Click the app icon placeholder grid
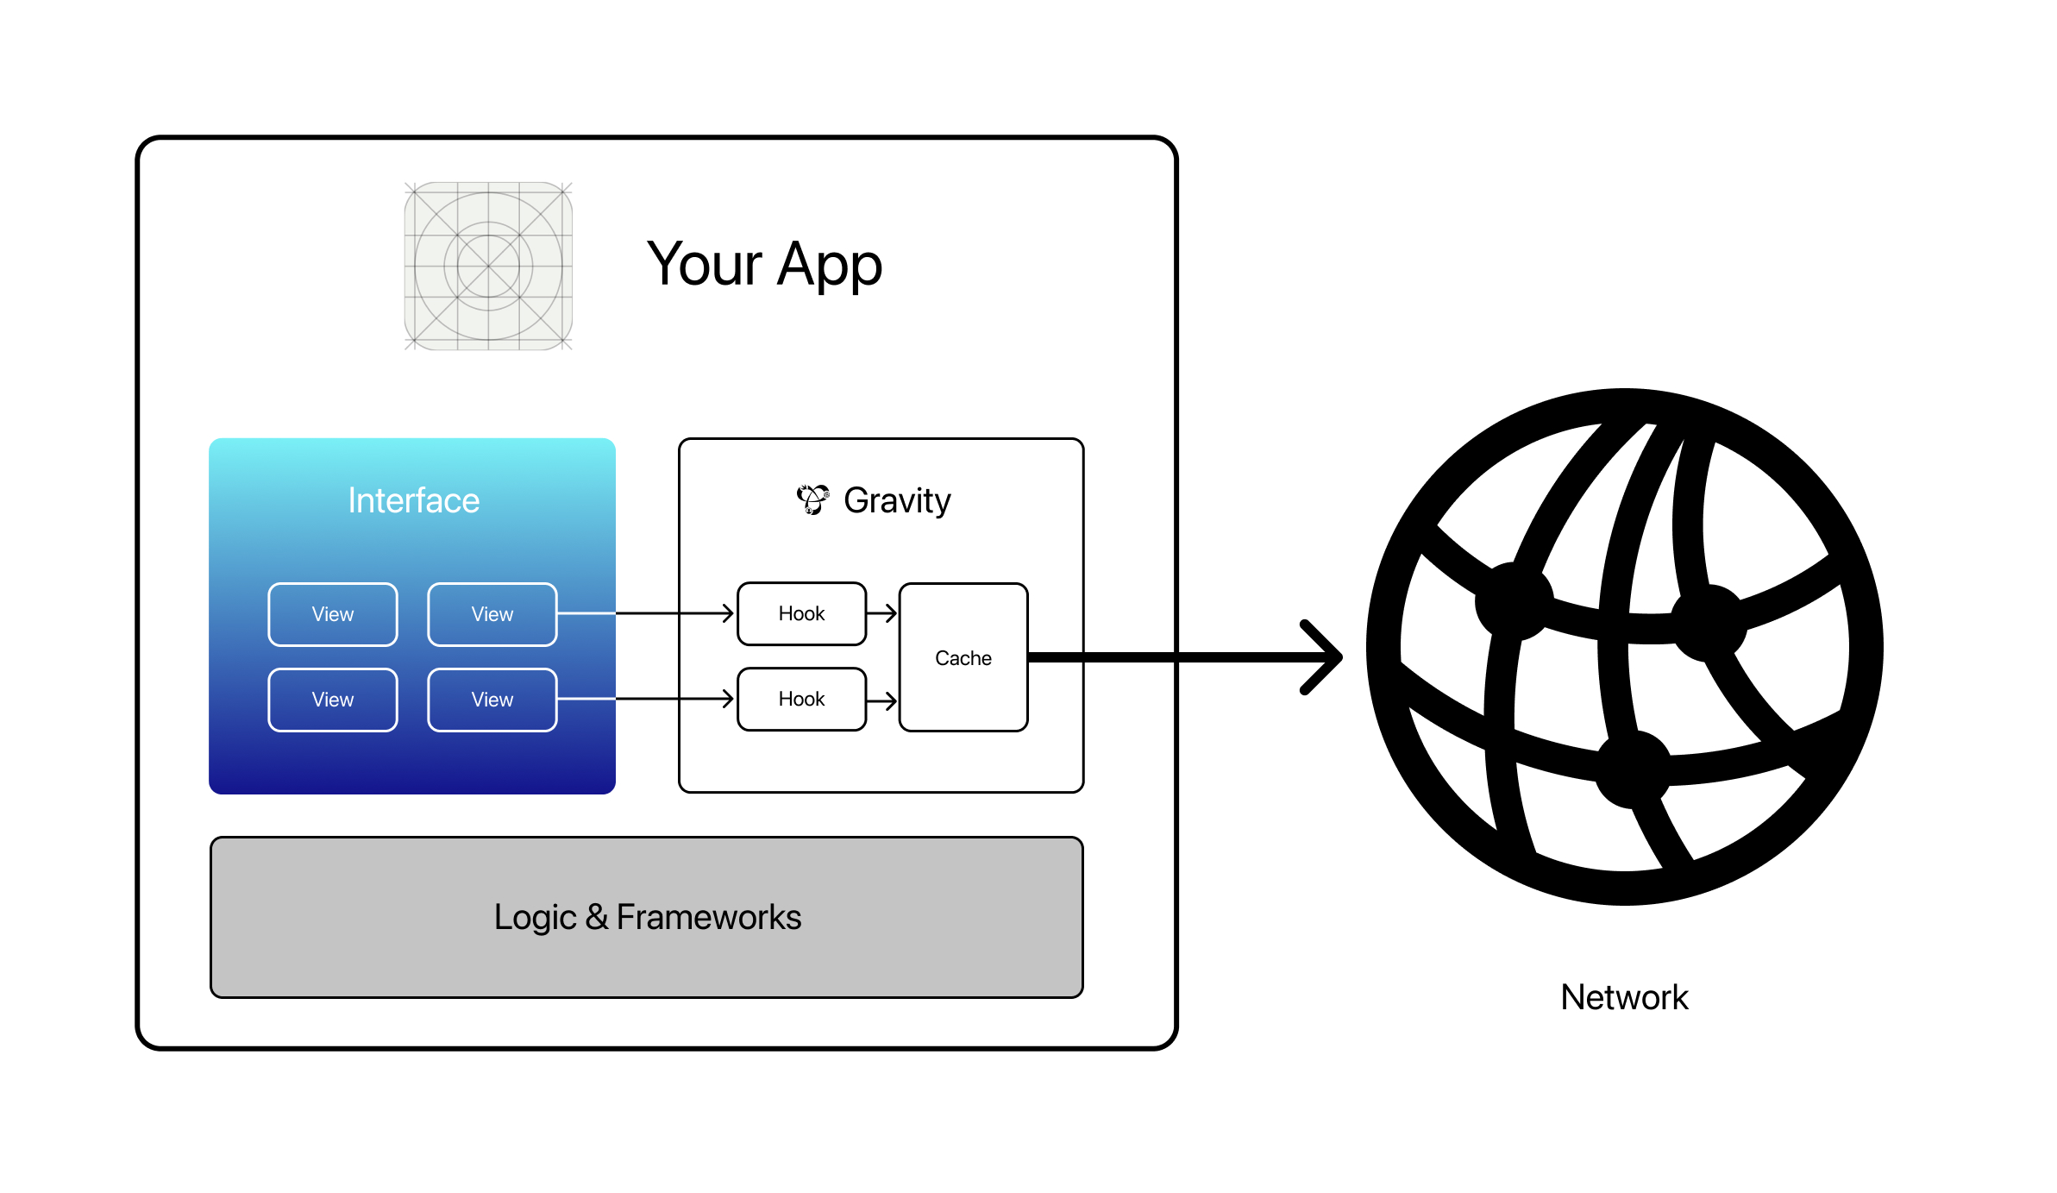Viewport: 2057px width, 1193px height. [x=488, y=266]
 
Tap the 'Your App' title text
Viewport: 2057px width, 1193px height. [x=764, y=264]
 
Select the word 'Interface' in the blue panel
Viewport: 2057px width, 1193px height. [x=413, y=500]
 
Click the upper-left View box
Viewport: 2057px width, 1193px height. [x=333, y=614]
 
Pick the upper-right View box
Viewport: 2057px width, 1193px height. [x=492, y=614]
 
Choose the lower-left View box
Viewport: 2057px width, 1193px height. [x=333, y=700]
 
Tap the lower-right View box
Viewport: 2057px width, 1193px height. [x=492, y=700]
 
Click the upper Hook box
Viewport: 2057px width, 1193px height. [x=801, y=613]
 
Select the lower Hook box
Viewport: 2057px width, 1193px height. [x=801, y=699]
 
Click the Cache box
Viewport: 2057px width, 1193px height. [x=963, y=657]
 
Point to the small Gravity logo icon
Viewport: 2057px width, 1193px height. [x=812, y=499]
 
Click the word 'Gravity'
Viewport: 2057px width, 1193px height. [x=897, y=500]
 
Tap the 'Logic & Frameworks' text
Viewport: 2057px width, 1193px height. [x=647, y=917]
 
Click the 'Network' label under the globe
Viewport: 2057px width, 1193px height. [x=1624, y=997]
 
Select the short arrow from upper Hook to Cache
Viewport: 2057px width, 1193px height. [x=882, y=613]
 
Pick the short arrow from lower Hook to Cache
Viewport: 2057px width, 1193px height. [x=882, y=700]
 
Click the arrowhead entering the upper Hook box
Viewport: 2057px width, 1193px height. [x=728, y=613]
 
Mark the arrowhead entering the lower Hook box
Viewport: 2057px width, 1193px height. [x=728, y=699]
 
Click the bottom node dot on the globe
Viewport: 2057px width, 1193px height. [x=1633, y=769]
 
